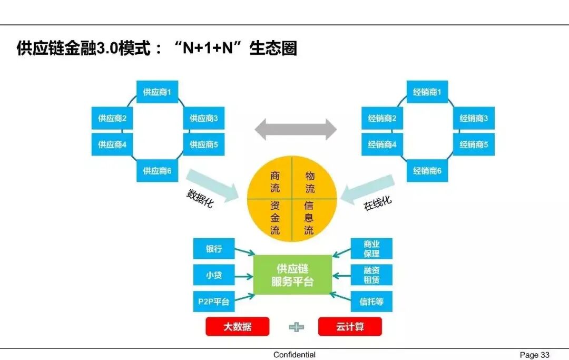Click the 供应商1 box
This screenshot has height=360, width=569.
point(157,92)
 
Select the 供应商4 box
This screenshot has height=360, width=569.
point(112,144)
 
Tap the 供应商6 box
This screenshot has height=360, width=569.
point(157,171)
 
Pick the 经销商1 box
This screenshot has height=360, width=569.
point(427,92)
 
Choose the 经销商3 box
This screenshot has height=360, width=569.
point(474,119)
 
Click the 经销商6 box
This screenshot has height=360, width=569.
point(427,171)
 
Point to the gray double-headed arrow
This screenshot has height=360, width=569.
point(296,129)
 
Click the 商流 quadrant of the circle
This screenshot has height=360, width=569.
point(275,182)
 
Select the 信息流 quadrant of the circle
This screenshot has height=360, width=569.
point(309,218)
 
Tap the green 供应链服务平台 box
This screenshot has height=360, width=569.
point(293,275)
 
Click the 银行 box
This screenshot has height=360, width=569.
point(214,249)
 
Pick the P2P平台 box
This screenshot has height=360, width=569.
point(214,301)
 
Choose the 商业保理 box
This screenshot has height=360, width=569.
point(371,249)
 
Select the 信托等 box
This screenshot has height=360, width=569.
point(371,301)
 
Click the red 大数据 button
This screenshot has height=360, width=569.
point(237,327)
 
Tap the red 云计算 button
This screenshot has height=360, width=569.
point(350,327)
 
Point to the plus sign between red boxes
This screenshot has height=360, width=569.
point(296,327)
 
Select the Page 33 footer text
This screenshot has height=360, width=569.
point(534,355)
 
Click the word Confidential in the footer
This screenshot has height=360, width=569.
point(295,355)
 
